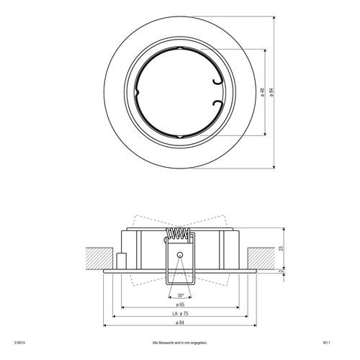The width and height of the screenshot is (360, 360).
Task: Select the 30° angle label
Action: click(x=179, y=295)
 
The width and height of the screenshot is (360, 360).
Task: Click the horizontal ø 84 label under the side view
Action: click(x=179, y=324)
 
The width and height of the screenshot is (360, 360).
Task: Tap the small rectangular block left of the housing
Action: click(x=121, y=260)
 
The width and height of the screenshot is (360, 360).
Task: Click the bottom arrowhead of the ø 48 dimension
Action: click(x=266, y=134)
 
